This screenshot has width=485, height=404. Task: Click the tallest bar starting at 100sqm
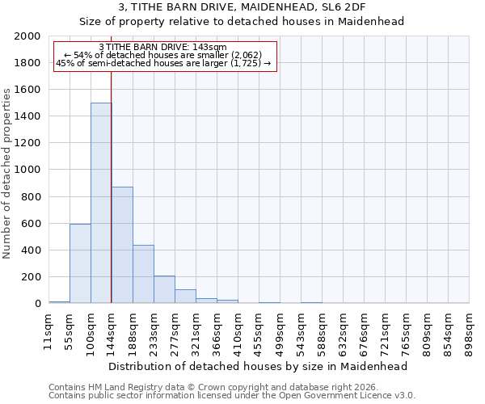(101, 203)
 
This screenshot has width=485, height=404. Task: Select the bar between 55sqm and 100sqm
(80, 263)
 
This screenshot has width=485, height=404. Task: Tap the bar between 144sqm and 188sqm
(122, 245)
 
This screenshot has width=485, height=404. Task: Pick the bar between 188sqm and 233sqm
(143, 274)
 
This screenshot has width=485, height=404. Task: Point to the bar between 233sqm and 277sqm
(164, 289)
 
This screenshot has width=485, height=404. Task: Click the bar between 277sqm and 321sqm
(185, 296)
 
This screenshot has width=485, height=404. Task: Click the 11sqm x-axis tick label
(48, 329)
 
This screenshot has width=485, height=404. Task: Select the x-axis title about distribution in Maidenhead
(259, 366)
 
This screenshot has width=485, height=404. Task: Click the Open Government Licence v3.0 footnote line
(232, 396)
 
